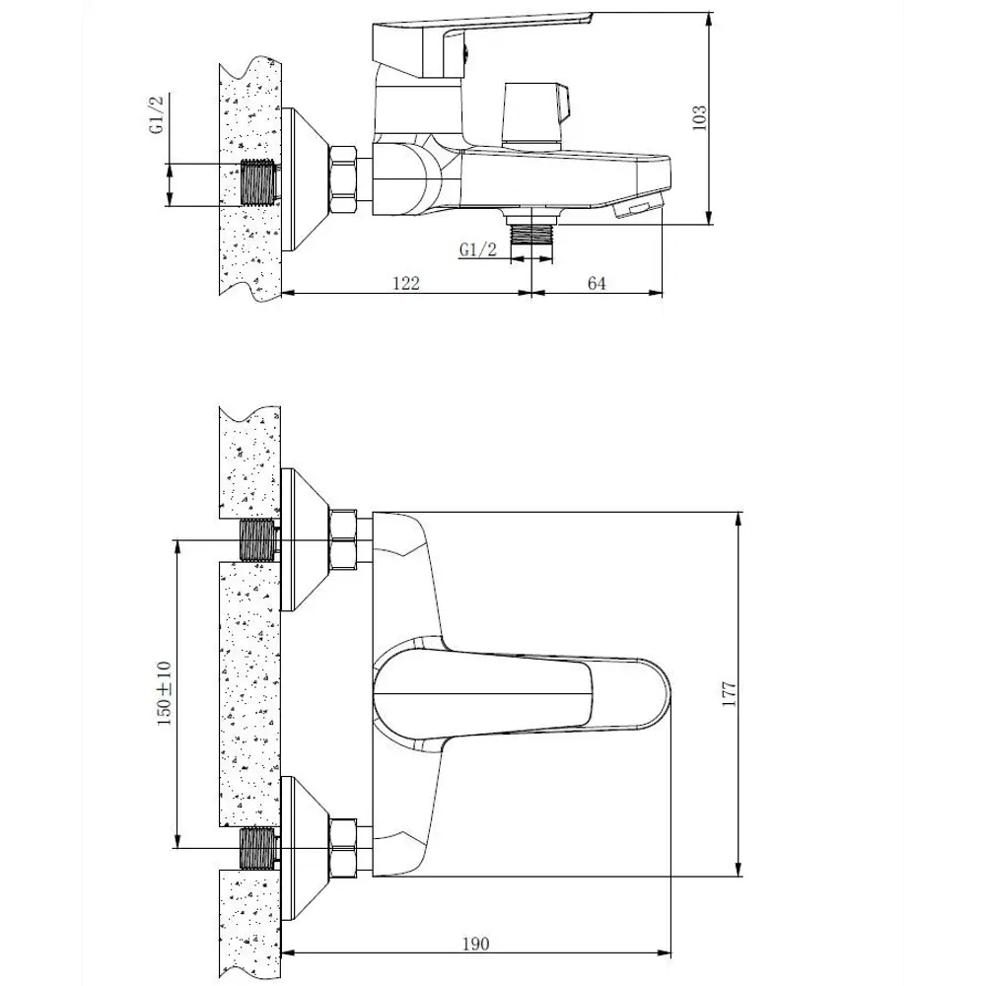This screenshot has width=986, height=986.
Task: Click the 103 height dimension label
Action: click(x=700, y=118)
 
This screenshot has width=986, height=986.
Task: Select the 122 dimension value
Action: click(x=406, y=283)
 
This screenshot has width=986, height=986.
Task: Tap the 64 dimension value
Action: click(x=596, y=283)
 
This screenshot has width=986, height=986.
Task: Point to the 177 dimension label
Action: click(x=730, y=691)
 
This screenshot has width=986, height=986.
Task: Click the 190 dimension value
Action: click(x=475, y=944)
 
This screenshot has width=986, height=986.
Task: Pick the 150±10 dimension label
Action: click(x=164, y=693)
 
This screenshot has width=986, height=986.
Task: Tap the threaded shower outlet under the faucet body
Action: click(x=532, y=233)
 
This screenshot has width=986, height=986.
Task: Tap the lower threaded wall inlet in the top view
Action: click(x=258, y=847)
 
